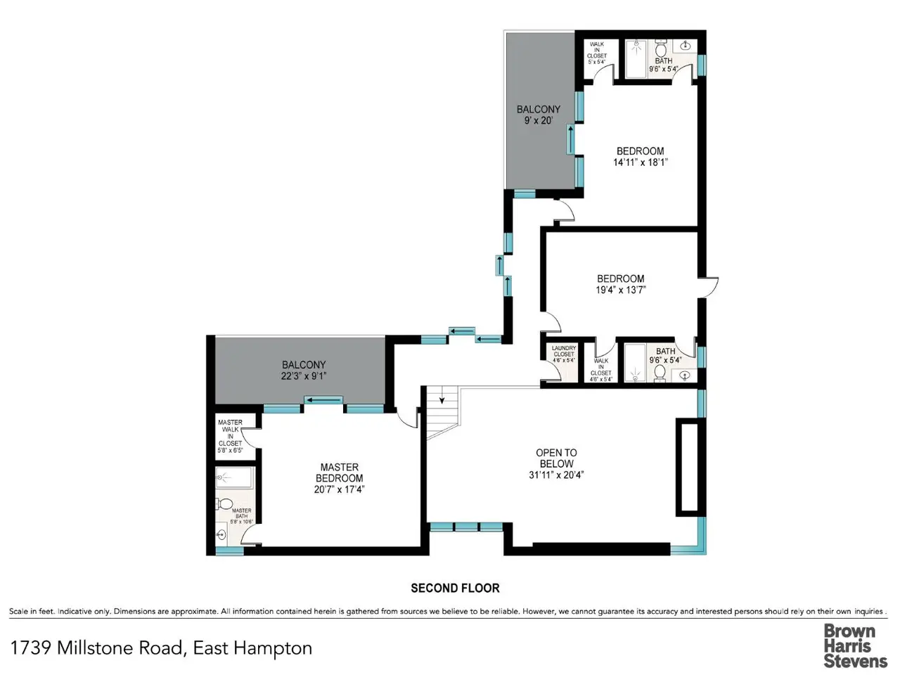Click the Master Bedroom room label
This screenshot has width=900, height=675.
(x=339, y=472)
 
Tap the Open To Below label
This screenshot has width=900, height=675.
(x=556, y=458)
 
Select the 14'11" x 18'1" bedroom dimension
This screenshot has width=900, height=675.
(x=640, y=162)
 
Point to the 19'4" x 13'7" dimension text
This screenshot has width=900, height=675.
(x=620, y=290)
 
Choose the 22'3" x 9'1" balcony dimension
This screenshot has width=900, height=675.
(x=304, y=375)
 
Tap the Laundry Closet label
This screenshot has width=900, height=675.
(x=564, y=351)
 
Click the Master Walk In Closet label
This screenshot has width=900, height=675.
(x=230, y=433)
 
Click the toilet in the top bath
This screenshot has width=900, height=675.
(x=660, y=49)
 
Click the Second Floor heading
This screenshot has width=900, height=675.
(x=455, y=588)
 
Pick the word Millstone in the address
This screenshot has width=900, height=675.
(x=120, y=648)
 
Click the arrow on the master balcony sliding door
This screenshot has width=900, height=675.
(x=323, y=400)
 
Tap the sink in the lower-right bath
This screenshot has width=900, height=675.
(x=684, y=375)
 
